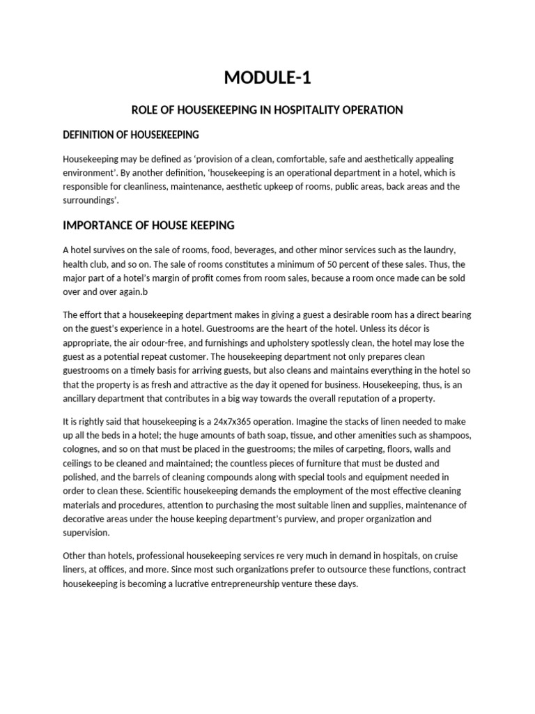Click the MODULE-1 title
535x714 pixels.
point(267,78)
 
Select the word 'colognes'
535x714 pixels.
point(84,450)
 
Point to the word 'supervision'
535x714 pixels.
point(86,532)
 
